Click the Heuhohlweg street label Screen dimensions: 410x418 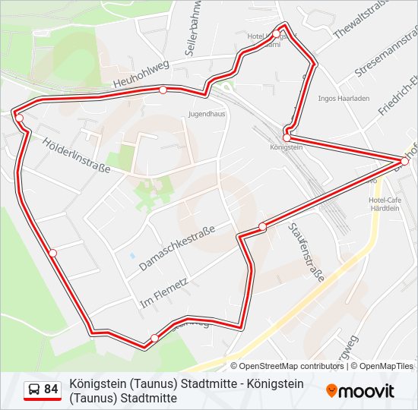(x=141, y=74)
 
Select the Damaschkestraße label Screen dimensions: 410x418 (x=177, y=248)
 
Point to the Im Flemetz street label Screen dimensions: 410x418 (x=163, y=293)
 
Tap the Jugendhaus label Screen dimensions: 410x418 (x=207, y=115)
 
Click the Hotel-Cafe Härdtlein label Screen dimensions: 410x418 (x=384, y=203)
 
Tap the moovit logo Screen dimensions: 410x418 (x=360, y=390)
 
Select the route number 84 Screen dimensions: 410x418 (x=51, y=389)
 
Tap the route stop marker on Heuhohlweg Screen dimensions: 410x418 (x=163, y=90)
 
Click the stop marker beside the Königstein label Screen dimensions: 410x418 (x=287, y=137)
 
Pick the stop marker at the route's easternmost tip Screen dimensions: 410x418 (x=404, y=160)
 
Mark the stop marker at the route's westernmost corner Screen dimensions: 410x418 (x=19, y=118)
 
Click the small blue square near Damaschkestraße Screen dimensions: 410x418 (x=132, y=255)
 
